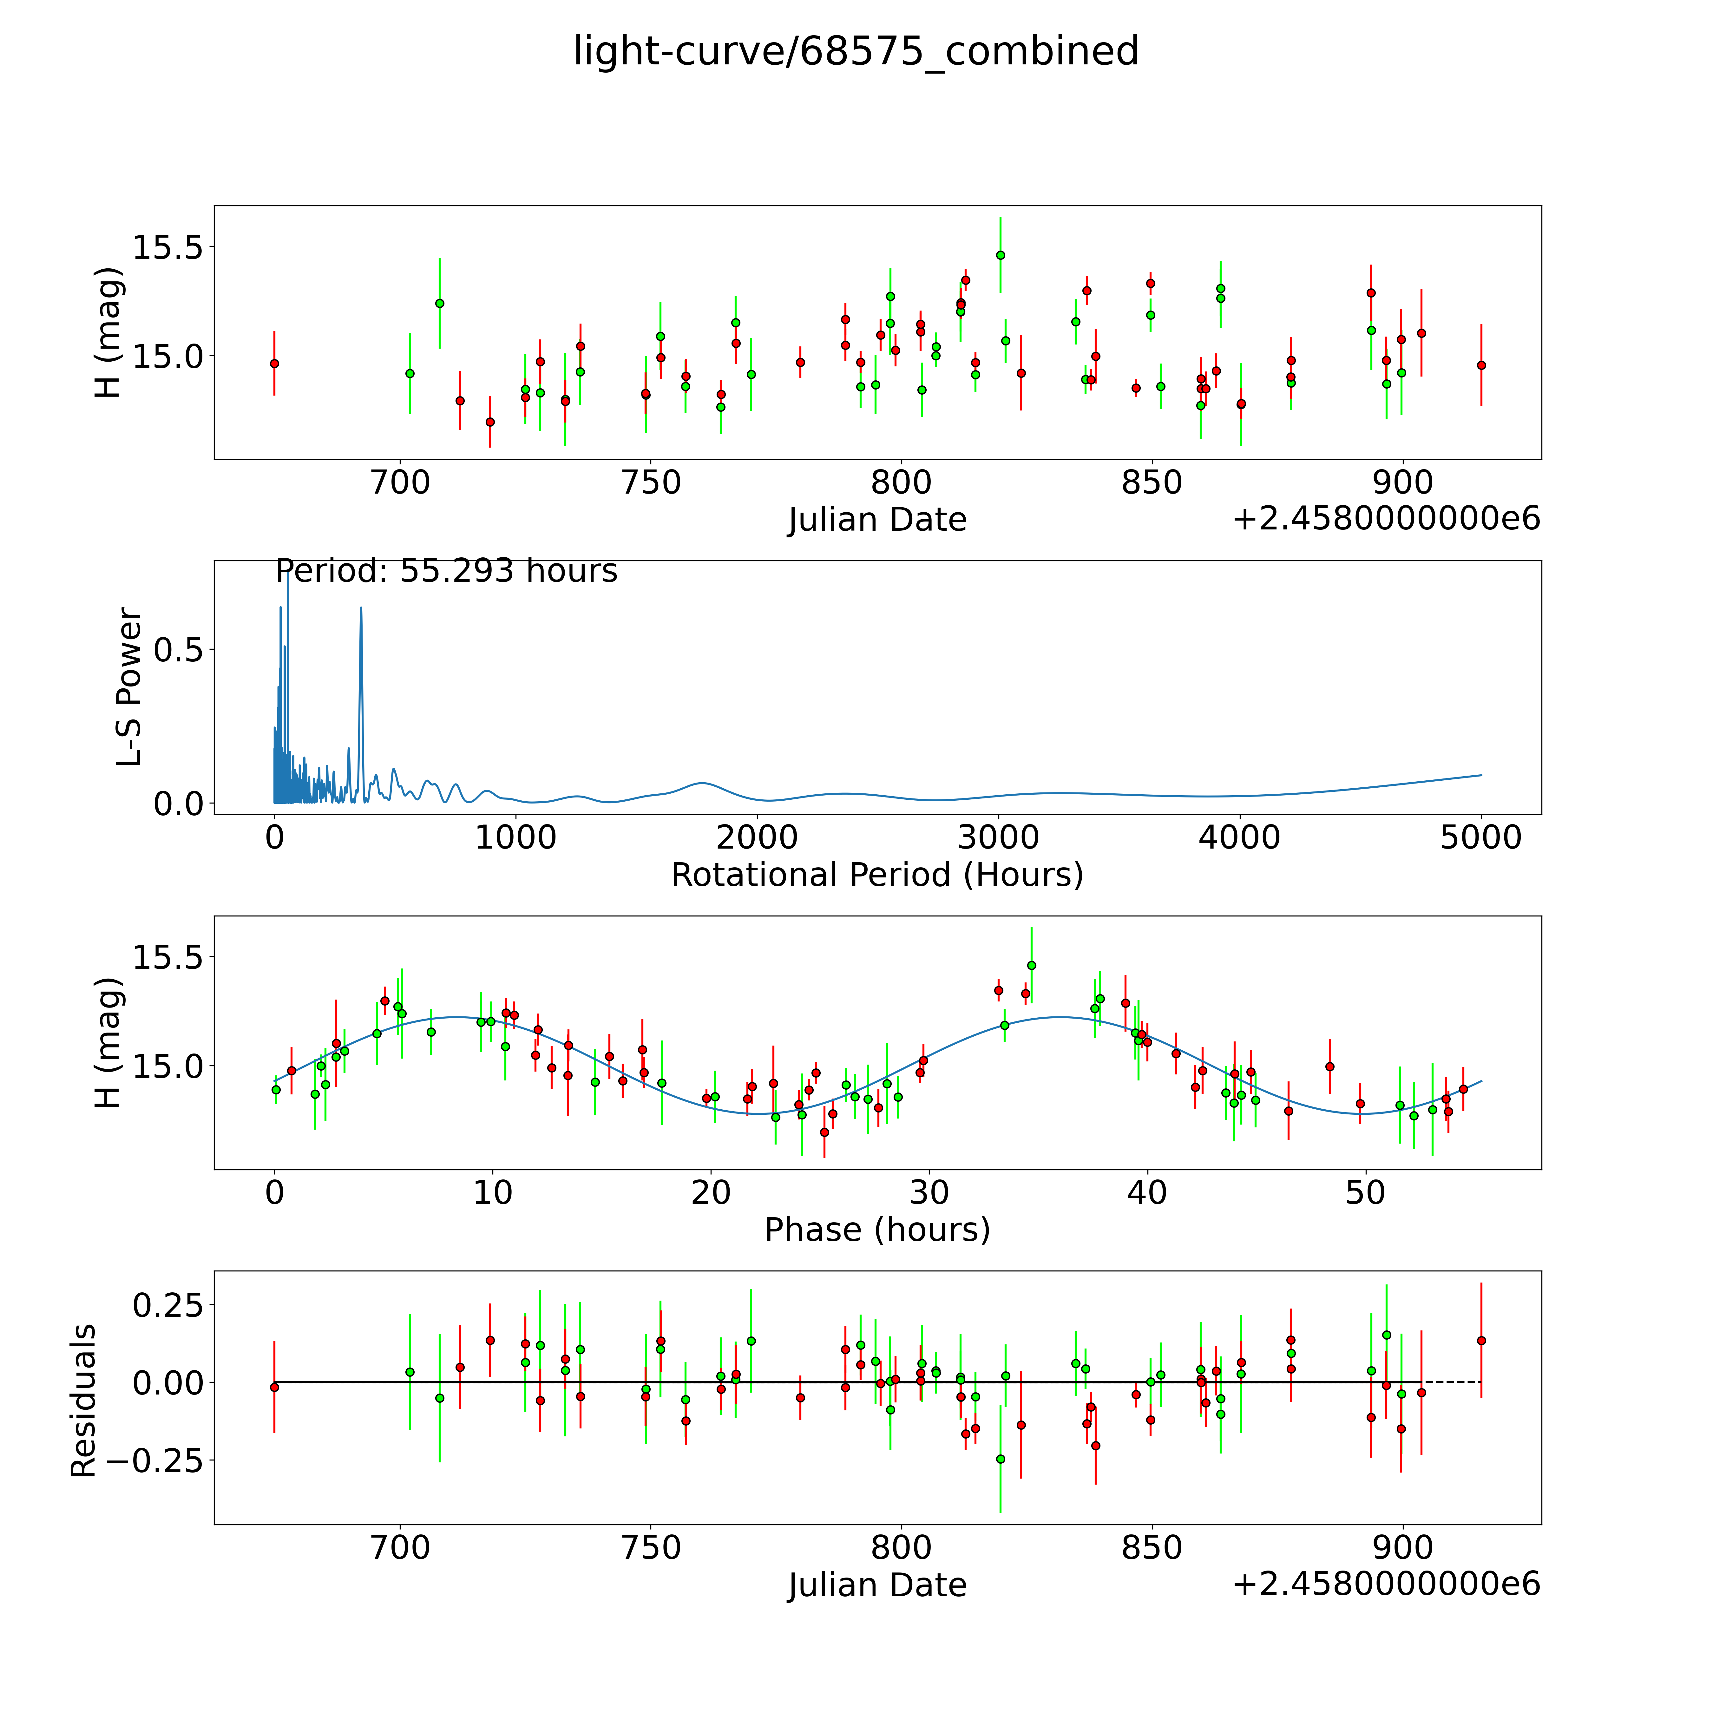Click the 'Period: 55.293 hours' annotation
[x=446, y=571]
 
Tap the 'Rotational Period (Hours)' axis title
[x=877, y=875]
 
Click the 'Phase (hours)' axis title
[x=877, y=1230]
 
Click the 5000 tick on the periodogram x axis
[x=1481, y=838]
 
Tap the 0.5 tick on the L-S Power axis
[x=178, y=650]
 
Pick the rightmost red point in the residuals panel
[x=1481, y=1341]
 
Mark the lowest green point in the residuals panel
[x=1000, y=1459]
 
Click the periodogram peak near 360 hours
[x=361, y=608]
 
